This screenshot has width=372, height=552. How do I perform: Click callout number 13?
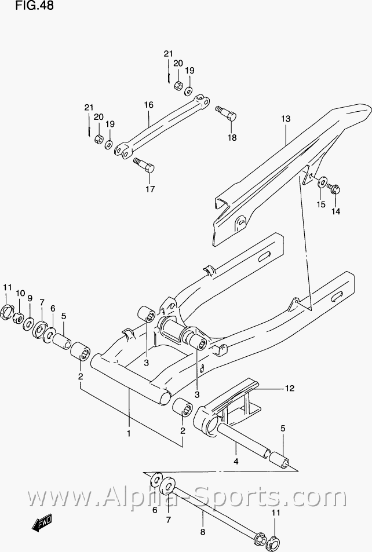tap(286, 119)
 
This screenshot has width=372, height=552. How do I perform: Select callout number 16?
tap(148, 105)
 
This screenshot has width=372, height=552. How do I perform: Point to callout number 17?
tap(150, 189)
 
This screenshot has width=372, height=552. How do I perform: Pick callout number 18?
tap(232, 138)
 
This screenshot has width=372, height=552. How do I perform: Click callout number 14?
tap(336, 212)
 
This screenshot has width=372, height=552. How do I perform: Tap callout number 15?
tap(320, 204)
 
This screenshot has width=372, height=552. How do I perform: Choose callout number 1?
tap(129, 433)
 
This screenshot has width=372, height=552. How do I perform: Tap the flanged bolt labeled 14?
tap(334, 188)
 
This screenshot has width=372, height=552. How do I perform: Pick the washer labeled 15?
tap(322, 183)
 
